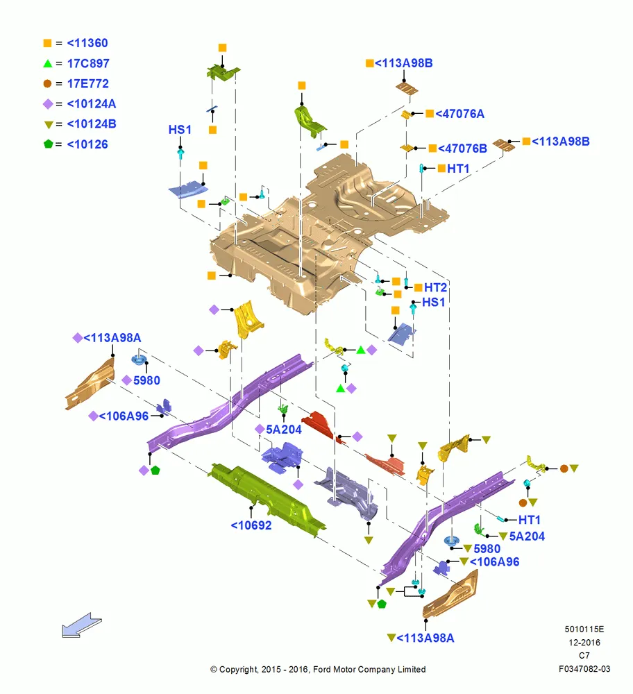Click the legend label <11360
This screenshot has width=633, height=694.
[87, 43]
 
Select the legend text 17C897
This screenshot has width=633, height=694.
[88, 63]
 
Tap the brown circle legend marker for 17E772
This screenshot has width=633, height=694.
[47, 83]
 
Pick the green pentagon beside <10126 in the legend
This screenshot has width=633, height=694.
[49, 144]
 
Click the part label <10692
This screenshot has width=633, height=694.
[251, 525]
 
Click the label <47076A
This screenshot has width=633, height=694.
[460, 114]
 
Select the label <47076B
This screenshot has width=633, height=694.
[462, 149]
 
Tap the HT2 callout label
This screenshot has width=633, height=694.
[436, 288]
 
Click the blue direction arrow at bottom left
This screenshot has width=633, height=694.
[82, 625]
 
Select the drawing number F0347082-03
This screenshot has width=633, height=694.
[584, 669]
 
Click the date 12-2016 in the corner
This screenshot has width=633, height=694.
[584, 642]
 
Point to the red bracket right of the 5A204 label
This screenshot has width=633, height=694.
[319, 423]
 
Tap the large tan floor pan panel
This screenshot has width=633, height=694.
[330, 230]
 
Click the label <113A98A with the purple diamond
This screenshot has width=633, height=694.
[112, 338]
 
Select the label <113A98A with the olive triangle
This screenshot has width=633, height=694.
[425, 638]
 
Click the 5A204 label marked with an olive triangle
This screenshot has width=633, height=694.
[527, 536]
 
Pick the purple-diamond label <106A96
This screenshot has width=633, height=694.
[124, 416]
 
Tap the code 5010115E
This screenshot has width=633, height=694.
[584, 629]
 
